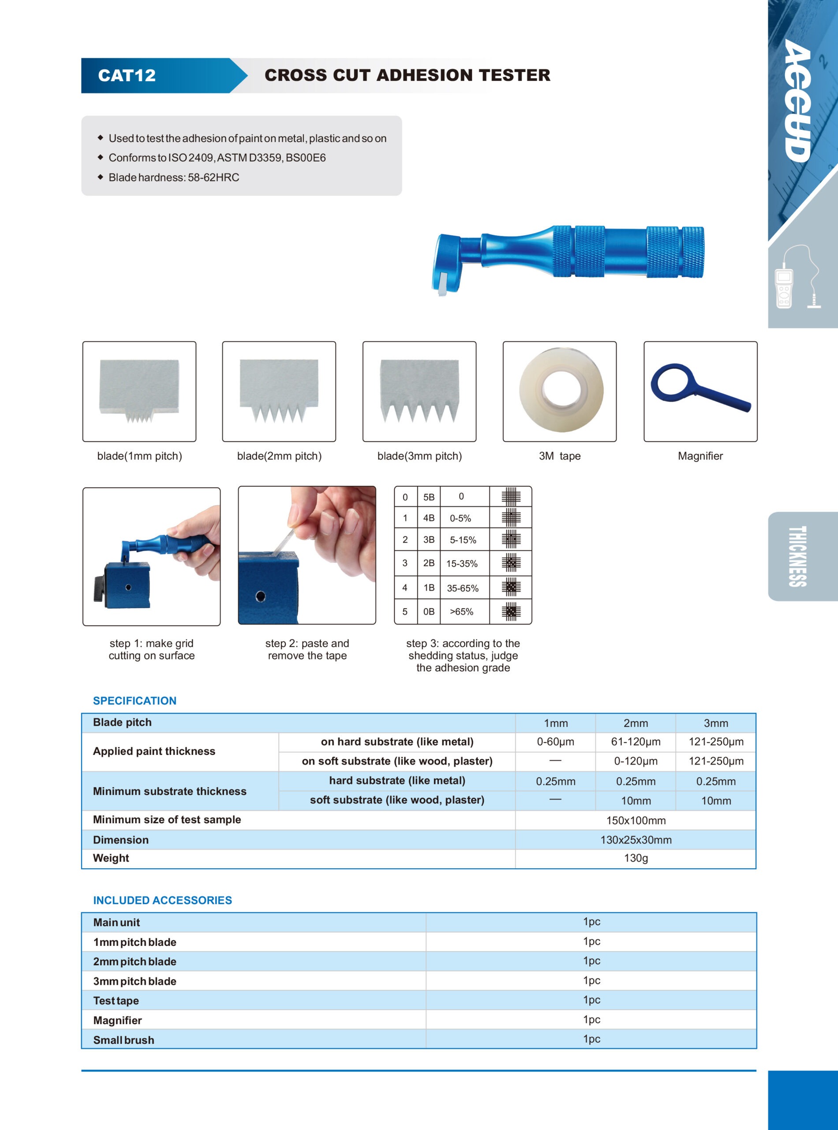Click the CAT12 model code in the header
tap(127, 75)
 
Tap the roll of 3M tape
tap(561, 390)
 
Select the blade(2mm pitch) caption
tap(279, 456)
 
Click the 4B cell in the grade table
tap(429, 518)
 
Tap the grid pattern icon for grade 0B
tap(511, 612)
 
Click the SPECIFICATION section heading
tap(135, 701)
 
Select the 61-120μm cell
tap(636, 742)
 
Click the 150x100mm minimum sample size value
tap(636, 820)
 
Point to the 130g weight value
tap(636, 858)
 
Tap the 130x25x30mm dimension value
tap(636, 840)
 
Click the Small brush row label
tap(124, 1040)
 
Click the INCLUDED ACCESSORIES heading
tap(162, 900)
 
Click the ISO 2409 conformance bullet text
tap(217, 158)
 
